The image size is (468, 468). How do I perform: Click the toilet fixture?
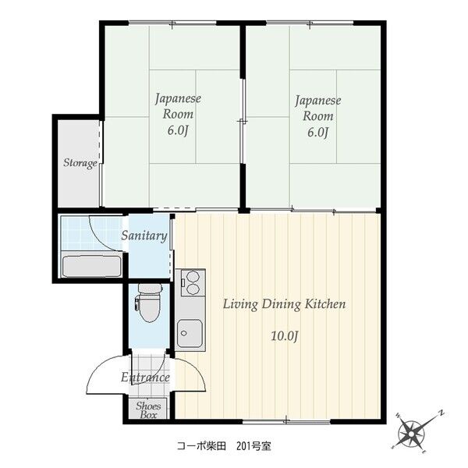[149, 303]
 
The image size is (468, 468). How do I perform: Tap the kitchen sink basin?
[190, 333]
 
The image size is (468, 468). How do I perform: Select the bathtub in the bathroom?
[92, 266]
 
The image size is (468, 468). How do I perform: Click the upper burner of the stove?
[193, 277]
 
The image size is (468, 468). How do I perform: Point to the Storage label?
[80, 163]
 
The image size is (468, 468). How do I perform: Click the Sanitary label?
[144, 236]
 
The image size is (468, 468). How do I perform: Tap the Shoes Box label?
[148, 409]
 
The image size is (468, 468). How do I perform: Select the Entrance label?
[145, 378]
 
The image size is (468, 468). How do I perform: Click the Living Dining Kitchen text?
[284, 304]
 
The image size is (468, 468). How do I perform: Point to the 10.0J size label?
[285, 336]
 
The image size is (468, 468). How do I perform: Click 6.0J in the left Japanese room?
[178, 130]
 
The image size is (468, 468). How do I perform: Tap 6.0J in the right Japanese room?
[318, 133]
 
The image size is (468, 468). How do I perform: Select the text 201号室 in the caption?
[253, 446]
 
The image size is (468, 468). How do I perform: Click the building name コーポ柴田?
[201, 446]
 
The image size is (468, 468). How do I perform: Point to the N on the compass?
[441, 413]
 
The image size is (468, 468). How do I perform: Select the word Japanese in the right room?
[318, 101]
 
